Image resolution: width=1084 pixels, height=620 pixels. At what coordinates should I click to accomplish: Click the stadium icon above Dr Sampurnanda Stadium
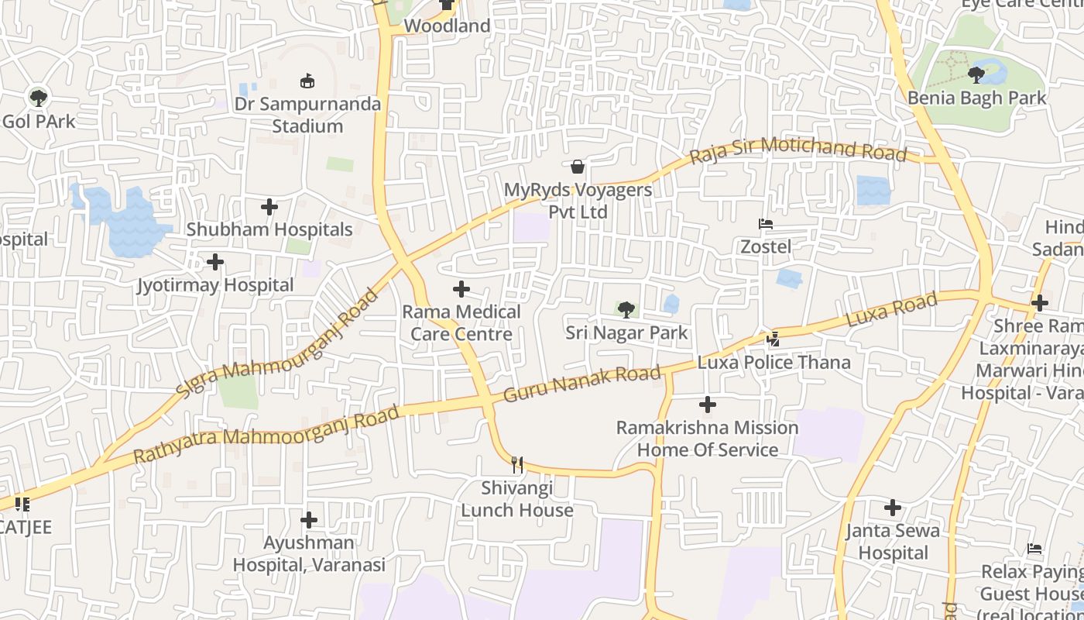click(308, 80)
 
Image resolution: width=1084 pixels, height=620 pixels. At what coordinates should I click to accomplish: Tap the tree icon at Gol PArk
click(38, 98)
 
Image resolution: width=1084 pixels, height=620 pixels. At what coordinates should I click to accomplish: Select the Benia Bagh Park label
click(976, 98)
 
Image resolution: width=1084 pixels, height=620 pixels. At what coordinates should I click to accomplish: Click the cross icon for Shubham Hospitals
click(269, 207)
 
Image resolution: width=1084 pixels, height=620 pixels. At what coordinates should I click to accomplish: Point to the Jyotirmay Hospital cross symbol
click(215, 262)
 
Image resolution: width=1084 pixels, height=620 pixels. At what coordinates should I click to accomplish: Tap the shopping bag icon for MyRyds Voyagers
click(577, 167)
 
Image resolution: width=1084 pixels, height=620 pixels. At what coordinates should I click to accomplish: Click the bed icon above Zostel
click(766, 225)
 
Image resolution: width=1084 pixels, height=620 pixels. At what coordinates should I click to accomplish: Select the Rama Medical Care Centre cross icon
click(461, 289)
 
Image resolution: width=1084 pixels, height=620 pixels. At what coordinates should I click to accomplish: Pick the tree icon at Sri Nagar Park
click(626, 310)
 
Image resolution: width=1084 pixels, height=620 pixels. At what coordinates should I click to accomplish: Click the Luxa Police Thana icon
click(773, 339)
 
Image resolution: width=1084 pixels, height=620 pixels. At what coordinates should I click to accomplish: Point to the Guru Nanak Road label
click(582, 384)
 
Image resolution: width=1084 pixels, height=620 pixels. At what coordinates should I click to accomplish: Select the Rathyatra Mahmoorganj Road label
click(266, 436)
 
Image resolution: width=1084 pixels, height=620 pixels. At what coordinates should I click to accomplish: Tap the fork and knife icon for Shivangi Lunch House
click(517, 465)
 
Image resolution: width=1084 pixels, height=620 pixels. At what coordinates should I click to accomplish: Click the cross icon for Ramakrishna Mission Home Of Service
click(707, 405)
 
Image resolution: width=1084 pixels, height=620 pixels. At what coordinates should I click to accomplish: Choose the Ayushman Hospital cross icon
click(309, 519)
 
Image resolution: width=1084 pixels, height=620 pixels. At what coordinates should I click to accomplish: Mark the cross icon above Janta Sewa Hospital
click(893, 508)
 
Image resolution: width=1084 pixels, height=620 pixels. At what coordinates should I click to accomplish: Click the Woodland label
click(447, 26)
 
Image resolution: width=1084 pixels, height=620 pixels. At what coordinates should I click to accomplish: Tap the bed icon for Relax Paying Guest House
click(1034, 549)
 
